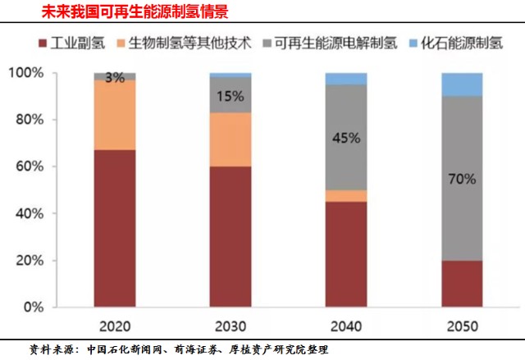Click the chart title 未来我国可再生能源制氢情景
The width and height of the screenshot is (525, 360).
pyautogui.click(x=123, y=12)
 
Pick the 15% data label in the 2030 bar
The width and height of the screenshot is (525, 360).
pyautogui.click(x=231, y=96)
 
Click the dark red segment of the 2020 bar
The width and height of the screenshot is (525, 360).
pyautogui.click(x=115, y=229)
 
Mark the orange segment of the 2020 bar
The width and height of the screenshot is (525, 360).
pyautogui.click(x=115, y=115)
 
